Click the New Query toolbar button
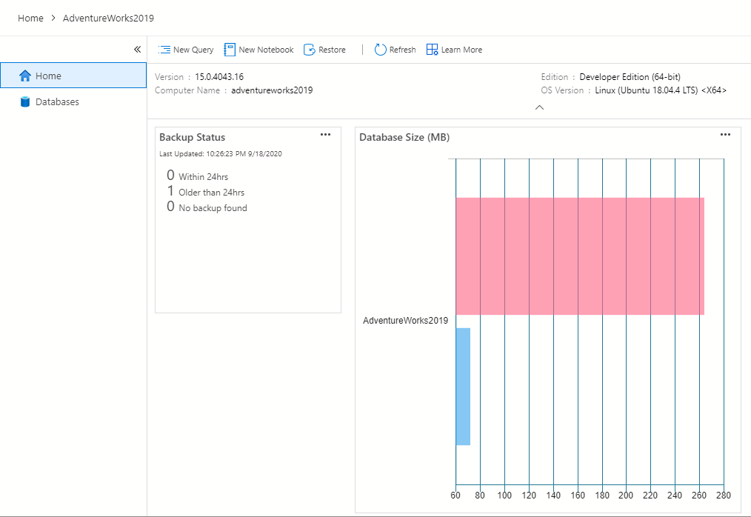point(186,50)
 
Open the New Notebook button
point(258,50)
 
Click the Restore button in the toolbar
point(325,50)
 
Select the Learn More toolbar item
point(454,50)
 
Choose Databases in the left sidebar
point(57,102)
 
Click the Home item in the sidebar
point(48,76)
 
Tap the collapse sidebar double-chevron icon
point(137,50)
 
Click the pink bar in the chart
point(579,256)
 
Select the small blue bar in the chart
point(463,386)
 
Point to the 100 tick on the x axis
point(504,495)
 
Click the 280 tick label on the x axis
point(724,495)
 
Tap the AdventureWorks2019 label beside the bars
point(405,321)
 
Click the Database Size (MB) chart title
point(404,138)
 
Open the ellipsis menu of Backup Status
point(325,135)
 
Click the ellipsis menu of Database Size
point(725,135)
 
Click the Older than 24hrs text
point(211,193)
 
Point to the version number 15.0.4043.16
point(219,77)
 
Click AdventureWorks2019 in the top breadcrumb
point(108,18)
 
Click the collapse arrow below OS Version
point(539,107)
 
